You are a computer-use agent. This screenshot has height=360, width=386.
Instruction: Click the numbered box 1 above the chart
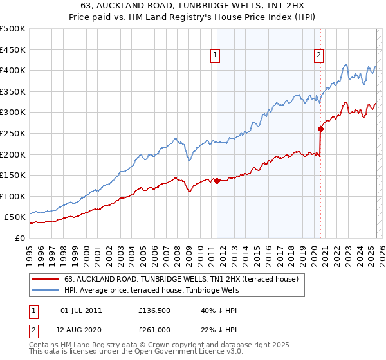point(214,56)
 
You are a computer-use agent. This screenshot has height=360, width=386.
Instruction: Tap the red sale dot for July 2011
point(217,181)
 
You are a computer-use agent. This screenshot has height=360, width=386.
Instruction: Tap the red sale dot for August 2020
point(320,129)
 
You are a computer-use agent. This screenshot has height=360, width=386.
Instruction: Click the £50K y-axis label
point(15,217)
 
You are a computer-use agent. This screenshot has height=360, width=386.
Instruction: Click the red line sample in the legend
point(44,280)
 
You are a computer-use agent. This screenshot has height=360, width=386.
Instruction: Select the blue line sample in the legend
point(44,291)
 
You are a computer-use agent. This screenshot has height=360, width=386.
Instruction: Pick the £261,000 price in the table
point(154,330)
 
